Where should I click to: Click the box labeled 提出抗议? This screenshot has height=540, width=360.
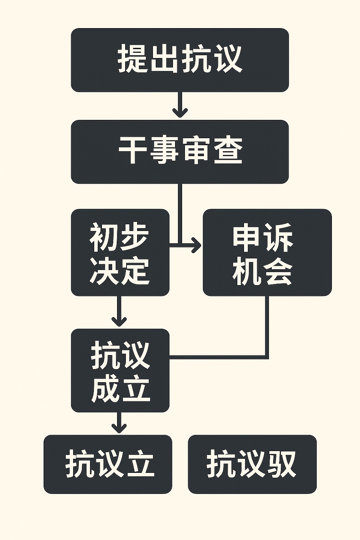tap(180, 60)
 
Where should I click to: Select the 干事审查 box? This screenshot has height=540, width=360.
tap(180, 152)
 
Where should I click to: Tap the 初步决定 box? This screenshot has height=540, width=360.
tap(120, 252)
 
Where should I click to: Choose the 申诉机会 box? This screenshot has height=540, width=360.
tap(267, 252)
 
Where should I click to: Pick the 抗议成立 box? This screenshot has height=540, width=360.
tap(120, 370)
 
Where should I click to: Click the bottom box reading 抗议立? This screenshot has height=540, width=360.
tap(108, 464)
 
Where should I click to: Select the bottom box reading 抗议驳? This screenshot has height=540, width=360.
tap(252, 464)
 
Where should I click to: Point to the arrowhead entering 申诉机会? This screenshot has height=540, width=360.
tap(196, 244)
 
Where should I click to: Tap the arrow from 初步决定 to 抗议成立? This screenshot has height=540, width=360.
tap(119, 311)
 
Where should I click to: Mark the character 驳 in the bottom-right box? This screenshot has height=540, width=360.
tap(281, 464)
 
